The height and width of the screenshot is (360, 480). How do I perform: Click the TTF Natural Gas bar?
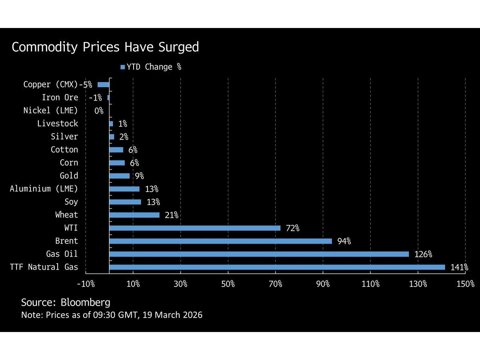pos(277,267)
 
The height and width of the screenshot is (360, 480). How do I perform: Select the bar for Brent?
pos(220,241)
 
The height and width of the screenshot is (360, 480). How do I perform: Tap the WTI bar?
pos(194,228)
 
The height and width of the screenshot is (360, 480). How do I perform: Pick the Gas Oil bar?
pos(259,254)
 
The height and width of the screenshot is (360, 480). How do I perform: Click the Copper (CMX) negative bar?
pos(104,84)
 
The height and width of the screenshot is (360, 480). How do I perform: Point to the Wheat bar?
pos(134,215)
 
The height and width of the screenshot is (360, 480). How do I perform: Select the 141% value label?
pos(459,268)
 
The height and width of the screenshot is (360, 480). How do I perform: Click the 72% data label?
pos(292,228)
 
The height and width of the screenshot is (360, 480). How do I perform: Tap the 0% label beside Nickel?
pos(99,111)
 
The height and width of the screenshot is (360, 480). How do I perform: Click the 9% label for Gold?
pos(139,176)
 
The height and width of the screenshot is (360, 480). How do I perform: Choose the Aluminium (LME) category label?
pos(44,189)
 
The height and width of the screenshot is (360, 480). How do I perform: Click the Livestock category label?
pos(58,124)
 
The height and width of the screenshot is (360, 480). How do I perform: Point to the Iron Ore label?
pos(60,98)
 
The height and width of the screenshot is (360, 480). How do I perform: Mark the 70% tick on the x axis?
pos(275,284)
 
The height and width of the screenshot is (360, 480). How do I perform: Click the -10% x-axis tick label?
pos(86,284)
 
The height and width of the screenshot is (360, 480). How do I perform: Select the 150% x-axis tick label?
pos(465,284)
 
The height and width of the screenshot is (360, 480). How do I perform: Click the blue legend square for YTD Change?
pos(123,67)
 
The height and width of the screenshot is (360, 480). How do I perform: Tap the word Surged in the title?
pos(179,47)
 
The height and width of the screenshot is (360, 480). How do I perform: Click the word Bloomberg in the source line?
pos(86,302)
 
